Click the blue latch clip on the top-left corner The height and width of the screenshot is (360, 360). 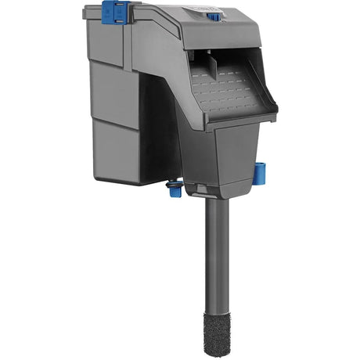pyautogui.click(x=116, y=12)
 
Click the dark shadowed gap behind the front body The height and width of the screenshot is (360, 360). pyautogui.click(x=157, y=133)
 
